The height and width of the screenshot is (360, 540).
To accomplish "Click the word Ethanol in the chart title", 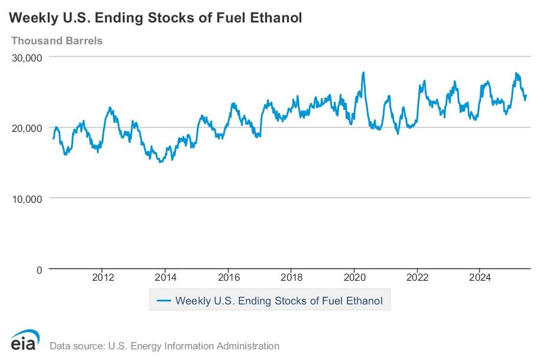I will pyautogui.click(x=276, y=18).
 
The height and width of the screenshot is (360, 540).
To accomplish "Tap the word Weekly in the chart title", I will pyautogui.click(x=32, y=18).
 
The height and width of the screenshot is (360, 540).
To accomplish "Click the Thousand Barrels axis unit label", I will pyautogui.click(x=57, y=41).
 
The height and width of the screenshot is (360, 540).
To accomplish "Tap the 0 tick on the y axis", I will pyautogui.click(x=39, y=269).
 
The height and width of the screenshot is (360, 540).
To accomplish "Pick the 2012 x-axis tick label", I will pyautogui.click(x=103, y=277).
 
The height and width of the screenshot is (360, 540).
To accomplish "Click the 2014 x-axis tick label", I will pyautogui.click(x=165, y=277).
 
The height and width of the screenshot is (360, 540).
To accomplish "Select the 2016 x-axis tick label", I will pyautogui.click(x=229, y=277).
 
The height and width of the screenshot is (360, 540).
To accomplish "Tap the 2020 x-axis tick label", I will pyautogui.click(x=354, y=277).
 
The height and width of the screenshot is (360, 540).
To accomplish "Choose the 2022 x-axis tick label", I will pyautogui.click(x=418, y=277).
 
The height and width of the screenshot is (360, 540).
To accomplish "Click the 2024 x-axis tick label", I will pyautogui.click(x=480, y=277).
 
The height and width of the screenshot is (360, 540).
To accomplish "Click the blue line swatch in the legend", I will pyautogui.click(x=164, y=300).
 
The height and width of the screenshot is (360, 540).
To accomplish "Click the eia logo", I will pyautogui.click(x=25, y=340).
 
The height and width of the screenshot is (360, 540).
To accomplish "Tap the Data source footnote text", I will pyautogui.click(x=164, y=346).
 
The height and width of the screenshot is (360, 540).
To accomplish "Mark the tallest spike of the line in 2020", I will pyautogui.click(x=363, y=73).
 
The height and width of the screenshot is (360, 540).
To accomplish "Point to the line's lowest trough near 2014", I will pyautogui.click(x=160, y=162).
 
